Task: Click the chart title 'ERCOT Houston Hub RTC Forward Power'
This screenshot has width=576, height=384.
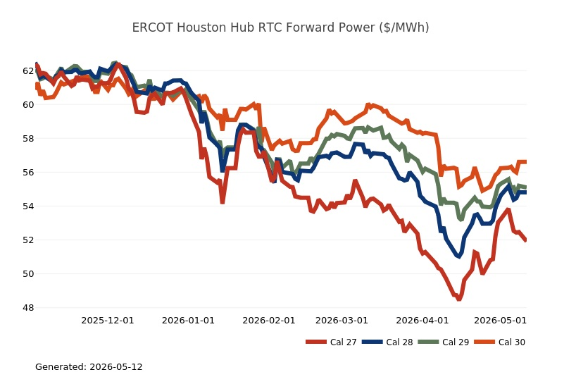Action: click(281, 27)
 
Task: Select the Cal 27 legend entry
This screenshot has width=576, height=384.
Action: click(331, 342)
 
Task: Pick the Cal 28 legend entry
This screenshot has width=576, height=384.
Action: click(387, 342)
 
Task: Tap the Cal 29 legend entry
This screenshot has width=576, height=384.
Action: click(444, 342)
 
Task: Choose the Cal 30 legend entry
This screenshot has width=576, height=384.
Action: click(499, 342)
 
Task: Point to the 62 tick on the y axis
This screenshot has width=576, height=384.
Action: click(28, 70)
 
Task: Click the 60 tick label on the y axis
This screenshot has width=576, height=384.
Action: click(28, 105)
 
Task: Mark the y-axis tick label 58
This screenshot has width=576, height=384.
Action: click(28, 139)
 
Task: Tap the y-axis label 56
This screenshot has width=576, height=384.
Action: click(28, 173)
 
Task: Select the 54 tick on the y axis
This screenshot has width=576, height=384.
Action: click(28, 206)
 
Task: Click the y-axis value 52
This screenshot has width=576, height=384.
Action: click(28, 240)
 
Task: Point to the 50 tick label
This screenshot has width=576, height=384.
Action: click(28, 274)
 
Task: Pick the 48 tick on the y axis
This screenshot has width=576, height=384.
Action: click(28, 308)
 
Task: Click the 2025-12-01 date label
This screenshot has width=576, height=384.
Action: click(108, 321)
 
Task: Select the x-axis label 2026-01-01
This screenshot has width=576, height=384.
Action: click(188, 321)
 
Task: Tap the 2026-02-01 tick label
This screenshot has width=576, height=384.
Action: click(269, 321)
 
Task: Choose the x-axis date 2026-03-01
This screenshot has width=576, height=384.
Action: click(342, 321)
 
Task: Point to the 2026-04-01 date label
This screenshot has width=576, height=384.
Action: click(422, 321)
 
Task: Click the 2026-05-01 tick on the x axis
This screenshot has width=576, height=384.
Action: click(501, 321)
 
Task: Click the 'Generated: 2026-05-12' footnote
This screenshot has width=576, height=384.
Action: click(89, 366)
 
